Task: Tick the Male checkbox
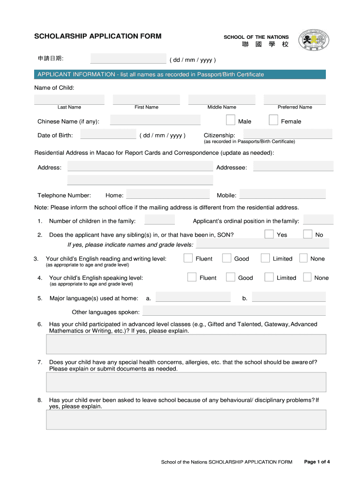point(230,120)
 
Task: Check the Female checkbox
point(274,120)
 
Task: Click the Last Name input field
point(69,99)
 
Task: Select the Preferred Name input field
point(295,99)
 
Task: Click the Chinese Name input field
point(155,120)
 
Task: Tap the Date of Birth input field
point(108,135)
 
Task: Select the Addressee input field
point(293,167)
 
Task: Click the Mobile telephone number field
point(282,194)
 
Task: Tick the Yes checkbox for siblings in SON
point(269,234)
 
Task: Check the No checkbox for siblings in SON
point(308,234)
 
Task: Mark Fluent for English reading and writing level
point(188,258)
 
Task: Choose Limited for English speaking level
point(269,277)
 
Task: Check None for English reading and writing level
point(303,258)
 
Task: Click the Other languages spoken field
point(234,311)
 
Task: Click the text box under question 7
point(186,382)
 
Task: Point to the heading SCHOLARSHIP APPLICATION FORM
point(98,36)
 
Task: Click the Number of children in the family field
point(159,220)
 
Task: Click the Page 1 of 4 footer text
point(317,462)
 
